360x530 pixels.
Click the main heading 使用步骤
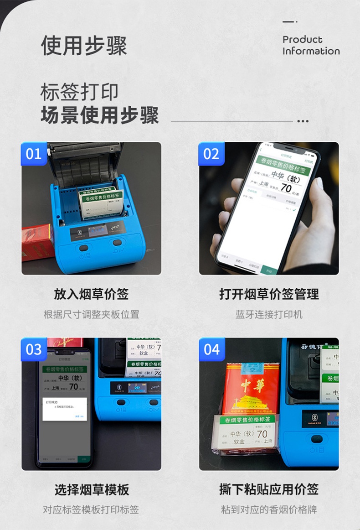point(84,46)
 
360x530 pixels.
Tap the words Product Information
point(311,45)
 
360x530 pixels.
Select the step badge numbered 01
point(34,154)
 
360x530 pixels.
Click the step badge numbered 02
point(211,154)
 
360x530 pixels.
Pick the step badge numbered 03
point(34,349)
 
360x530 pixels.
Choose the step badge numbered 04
point(211,349)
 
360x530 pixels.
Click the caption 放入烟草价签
point(91,294)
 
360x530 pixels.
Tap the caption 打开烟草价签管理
point(269,294)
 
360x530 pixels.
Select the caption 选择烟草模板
point(92,490)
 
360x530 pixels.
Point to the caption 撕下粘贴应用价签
point(269,489)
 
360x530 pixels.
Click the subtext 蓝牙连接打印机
point(269,314)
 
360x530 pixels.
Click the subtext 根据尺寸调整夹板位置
point(91,314)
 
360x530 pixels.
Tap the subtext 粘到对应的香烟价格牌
point(269,509)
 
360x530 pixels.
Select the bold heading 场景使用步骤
point(99,115)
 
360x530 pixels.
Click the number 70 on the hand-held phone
point(286,188)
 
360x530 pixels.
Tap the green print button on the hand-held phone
point(269,270)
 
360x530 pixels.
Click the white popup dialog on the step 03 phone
point(65,409)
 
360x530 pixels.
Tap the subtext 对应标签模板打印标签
point(91,509)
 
